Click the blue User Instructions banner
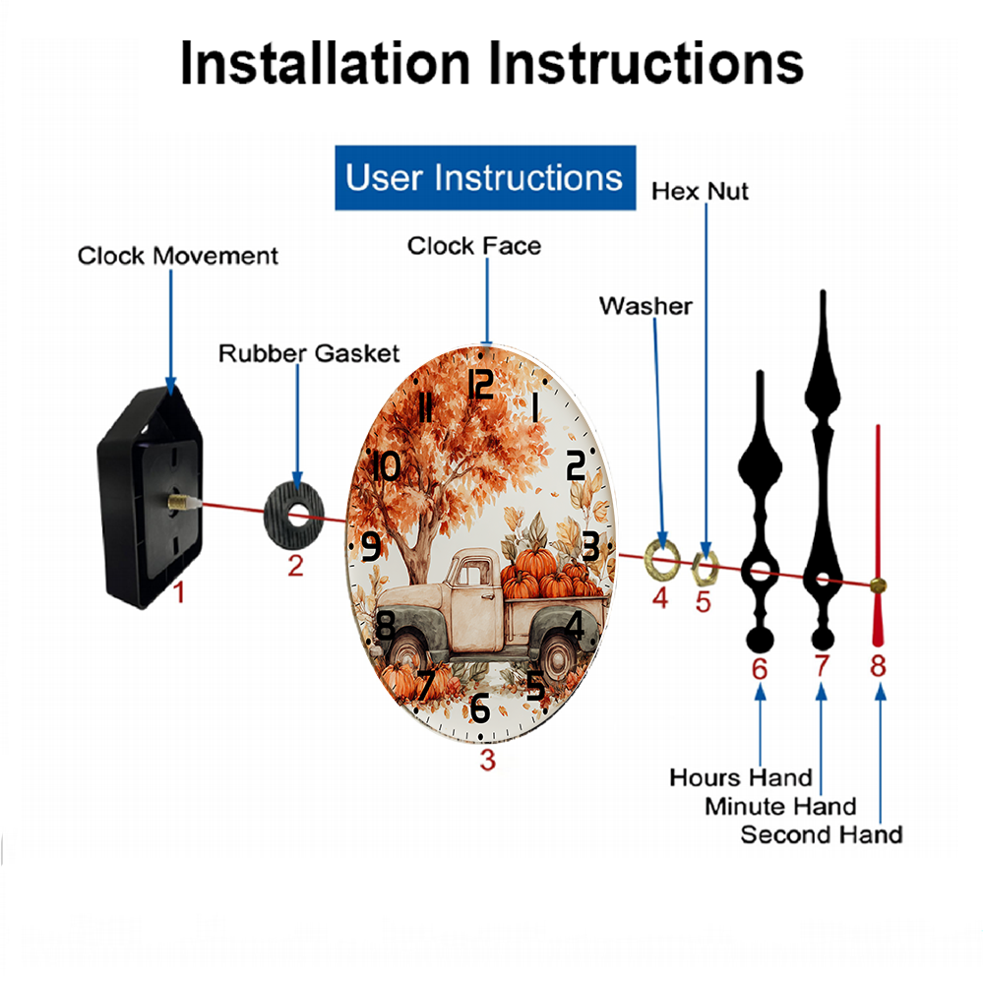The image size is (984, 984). [485, 177]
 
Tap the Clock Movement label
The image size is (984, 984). [177, 256]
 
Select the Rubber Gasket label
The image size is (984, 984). [309, 353]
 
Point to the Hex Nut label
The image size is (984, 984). [700, 192]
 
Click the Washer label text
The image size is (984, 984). [646, 306]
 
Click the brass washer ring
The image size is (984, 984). [662, 559]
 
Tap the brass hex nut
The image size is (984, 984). [705, 568]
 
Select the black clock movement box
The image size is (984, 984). [150, 496]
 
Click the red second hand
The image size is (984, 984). [878, 535]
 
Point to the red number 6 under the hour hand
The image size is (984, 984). [760, 669]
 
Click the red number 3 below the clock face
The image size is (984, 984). [488, 760]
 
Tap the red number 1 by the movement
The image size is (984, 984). [179, 592]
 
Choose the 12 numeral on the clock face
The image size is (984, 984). [481, 384]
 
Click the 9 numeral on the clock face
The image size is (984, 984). [371, 545]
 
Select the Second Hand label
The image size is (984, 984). [822, 835]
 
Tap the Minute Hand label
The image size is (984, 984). [780, 807]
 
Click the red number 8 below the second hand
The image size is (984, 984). [878, 666]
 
